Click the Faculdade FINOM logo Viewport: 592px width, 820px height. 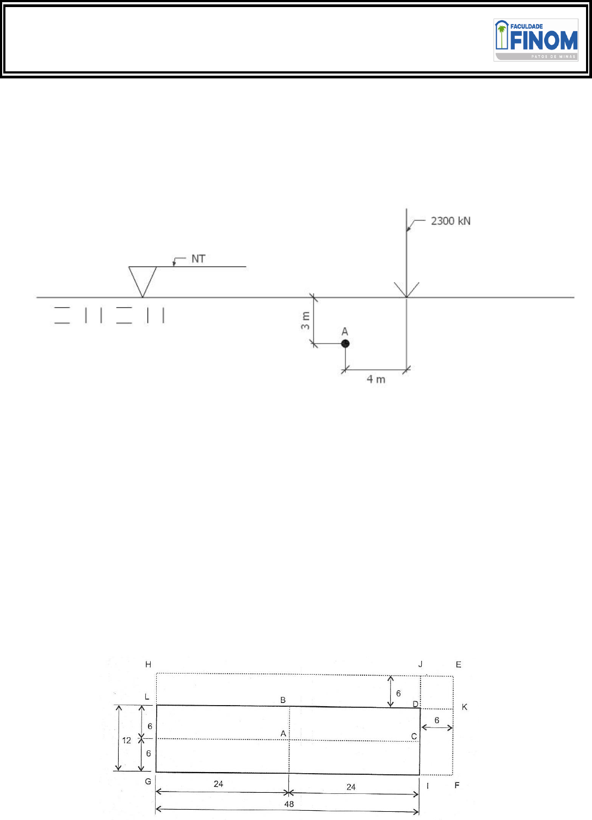point(535,40)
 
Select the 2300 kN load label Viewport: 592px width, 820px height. point(451,221)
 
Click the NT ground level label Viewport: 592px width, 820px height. point(198,259)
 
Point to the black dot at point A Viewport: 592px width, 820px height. point(346,344)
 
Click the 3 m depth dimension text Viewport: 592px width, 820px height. point(305,321)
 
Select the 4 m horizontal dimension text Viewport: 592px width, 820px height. point(376,380)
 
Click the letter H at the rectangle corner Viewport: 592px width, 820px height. point(148,664)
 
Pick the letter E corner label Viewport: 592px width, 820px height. point(459,664)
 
